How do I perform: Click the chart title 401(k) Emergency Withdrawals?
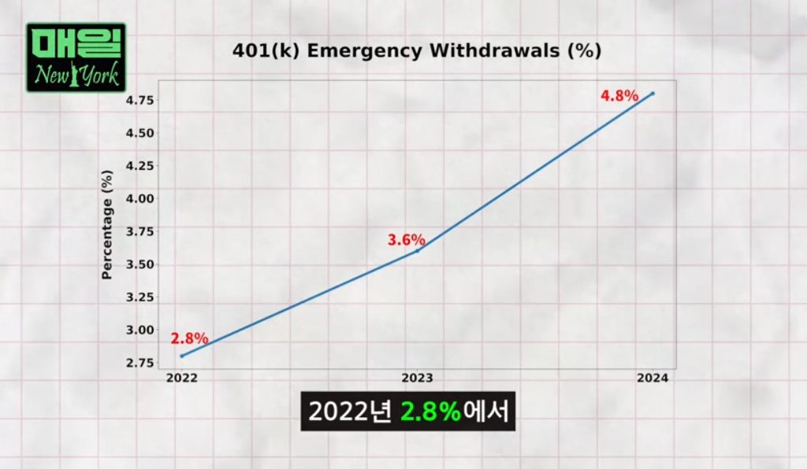point(417,51)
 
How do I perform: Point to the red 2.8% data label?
point(189,339)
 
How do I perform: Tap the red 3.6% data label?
point(407,240)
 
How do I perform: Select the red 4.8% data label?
point(619,96)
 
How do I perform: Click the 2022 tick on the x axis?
point(181,378)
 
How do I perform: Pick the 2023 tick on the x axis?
point(418,378)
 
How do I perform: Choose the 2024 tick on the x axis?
point(653,378)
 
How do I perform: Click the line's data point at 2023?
point(418,250)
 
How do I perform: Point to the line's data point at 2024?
point(653,94)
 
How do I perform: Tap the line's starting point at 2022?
point(182,356)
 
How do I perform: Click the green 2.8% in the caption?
point(430,412)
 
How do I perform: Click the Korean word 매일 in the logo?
point(76,45)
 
